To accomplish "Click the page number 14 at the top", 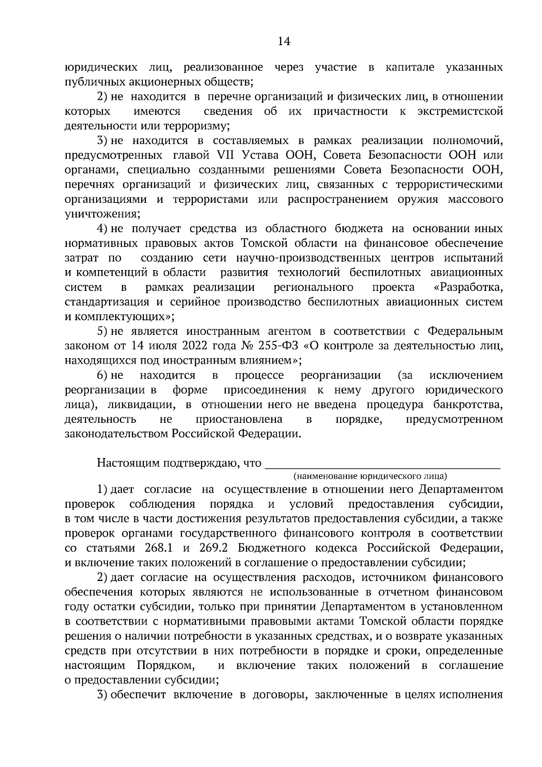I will click(284, 42).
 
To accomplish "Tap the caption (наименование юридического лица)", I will click(370, 476).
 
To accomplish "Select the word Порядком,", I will click(166, 665).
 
